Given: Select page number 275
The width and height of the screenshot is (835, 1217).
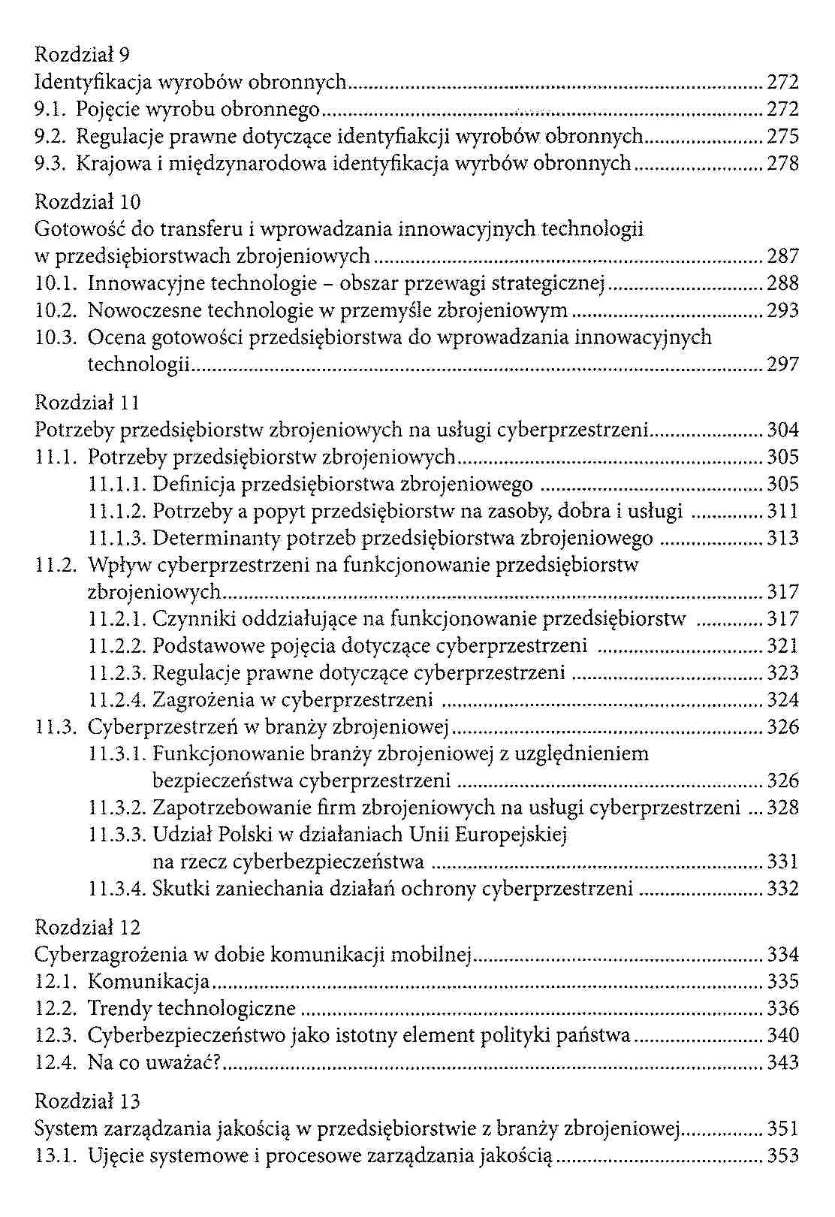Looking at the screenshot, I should tap(782, 137).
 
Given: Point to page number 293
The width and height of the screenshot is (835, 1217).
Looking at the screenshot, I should tap(782, 311).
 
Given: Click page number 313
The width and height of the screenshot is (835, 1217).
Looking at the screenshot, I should tap(782, 539).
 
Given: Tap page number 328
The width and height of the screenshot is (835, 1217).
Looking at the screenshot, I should tap(782, 808).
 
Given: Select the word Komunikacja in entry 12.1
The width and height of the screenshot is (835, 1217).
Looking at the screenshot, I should tap(148, 982).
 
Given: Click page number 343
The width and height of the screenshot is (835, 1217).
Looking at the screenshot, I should tap(782, 1063).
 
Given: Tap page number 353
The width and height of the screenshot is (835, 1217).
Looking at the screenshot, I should tap(782, 1156).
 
